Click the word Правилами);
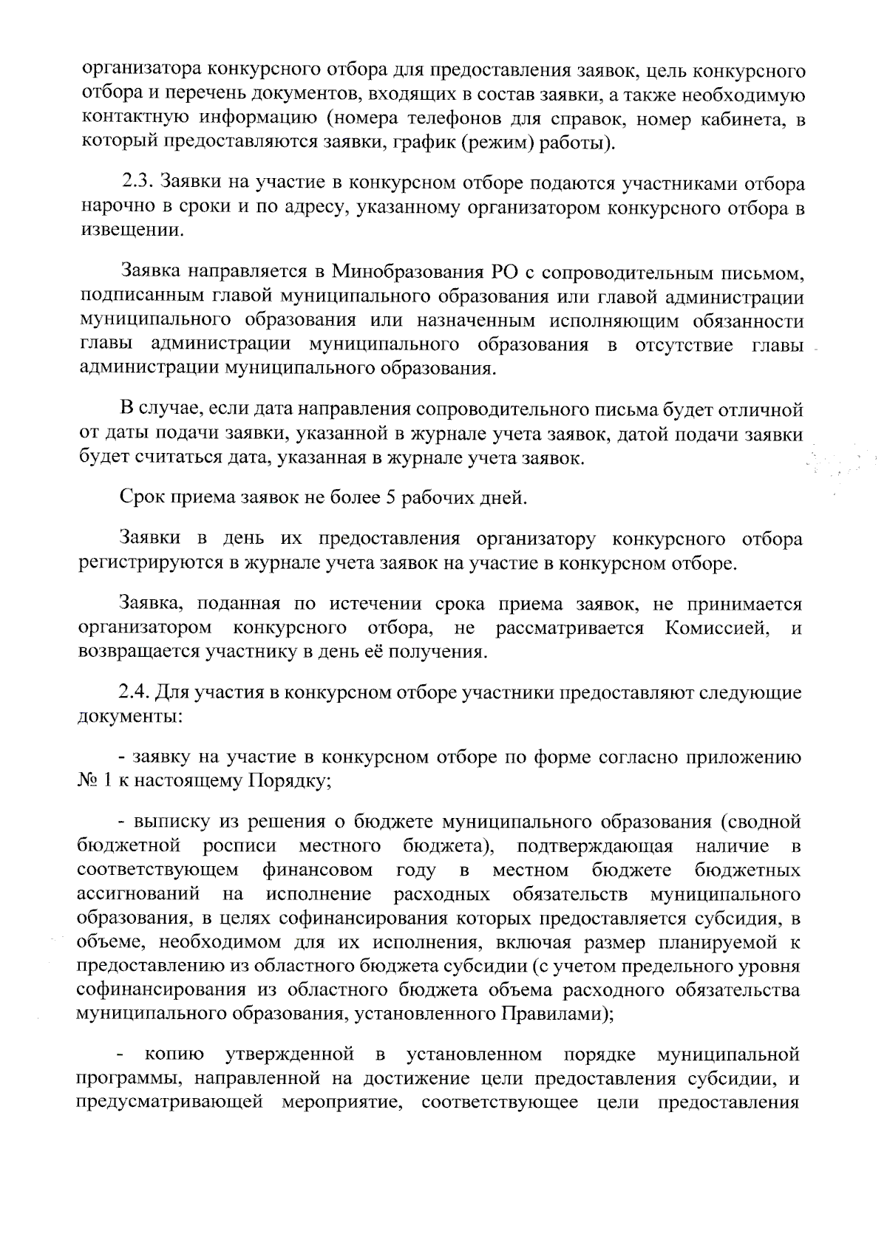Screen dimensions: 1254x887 click(560, 1014)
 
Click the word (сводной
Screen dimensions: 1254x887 click(760, 822)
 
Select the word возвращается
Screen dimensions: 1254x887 click(139, 652)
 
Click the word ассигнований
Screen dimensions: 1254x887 click(138, 894)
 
